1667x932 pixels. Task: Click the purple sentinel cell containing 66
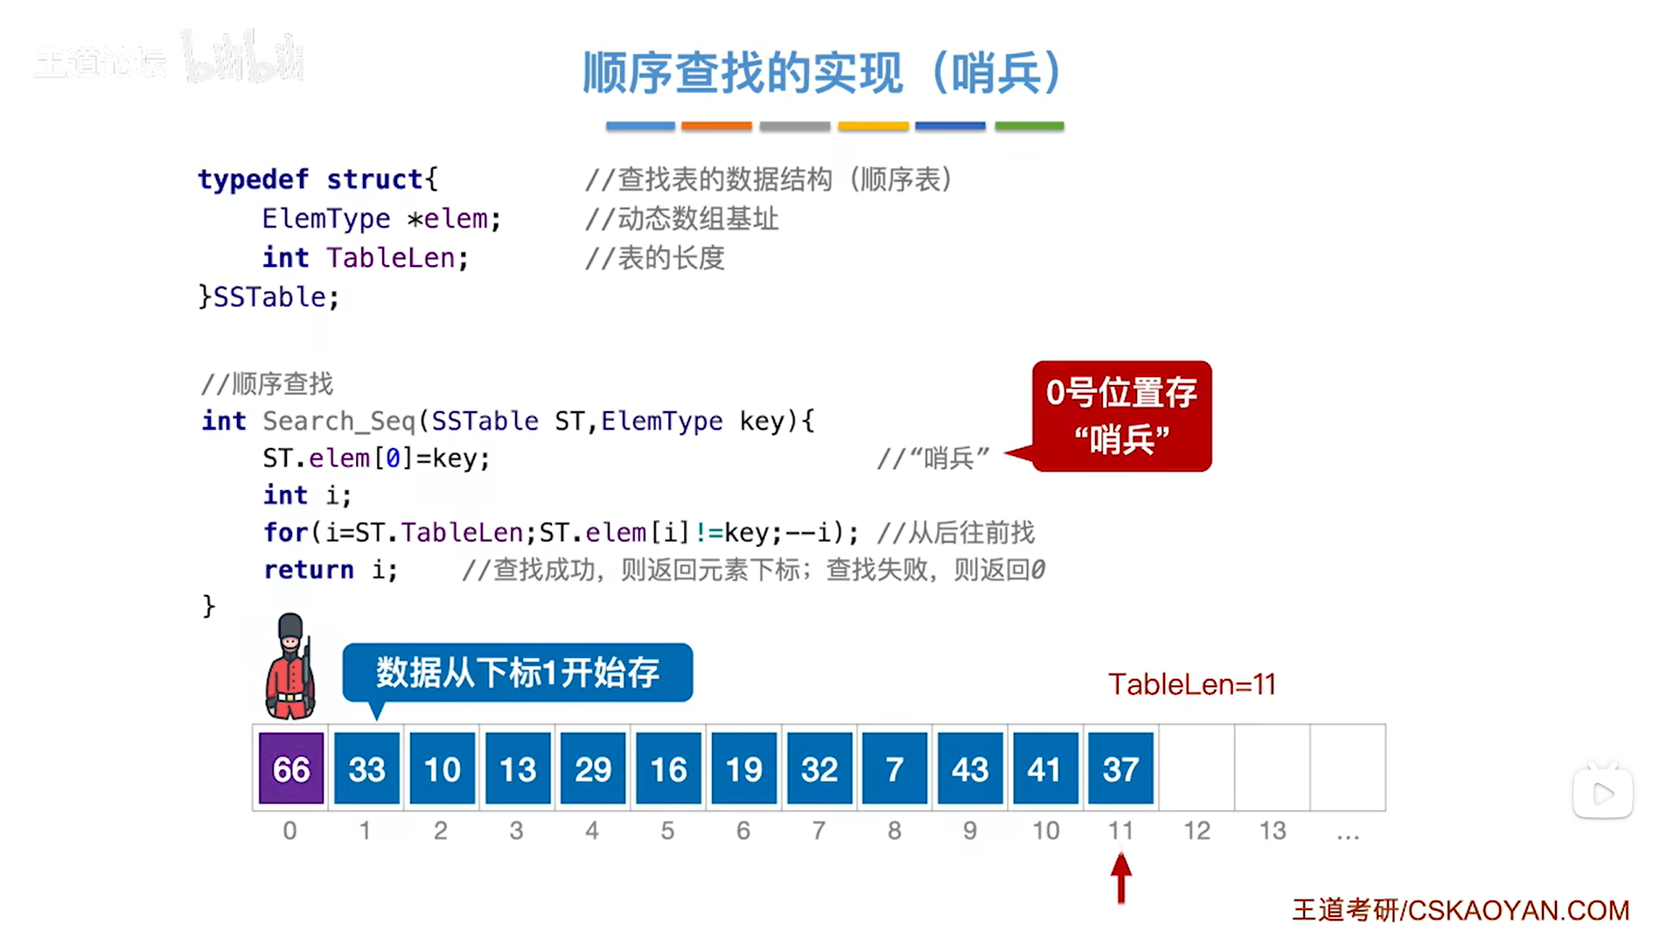[291, 768]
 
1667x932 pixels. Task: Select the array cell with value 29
[593, 768]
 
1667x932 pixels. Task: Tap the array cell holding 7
[894, 768]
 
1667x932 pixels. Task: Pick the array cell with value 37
[1120, 768]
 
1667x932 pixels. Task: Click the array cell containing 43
[970, 768]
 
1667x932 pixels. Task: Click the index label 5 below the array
[667, 830]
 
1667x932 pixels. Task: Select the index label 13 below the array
[1273, 830]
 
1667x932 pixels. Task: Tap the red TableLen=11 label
[1191, 684]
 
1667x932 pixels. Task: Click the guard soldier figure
[290, 667]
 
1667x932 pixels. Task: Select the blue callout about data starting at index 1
[518, 672]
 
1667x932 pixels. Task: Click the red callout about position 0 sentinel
[1121, 416]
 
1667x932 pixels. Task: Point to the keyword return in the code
[309, 570]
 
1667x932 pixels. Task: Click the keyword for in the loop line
[285, 532]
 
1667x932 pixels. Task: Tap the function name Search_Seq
[338, 421]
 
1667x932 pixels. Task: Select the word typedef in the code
[253, 179]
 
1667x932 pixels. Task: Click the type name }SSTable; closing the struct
[269, 298]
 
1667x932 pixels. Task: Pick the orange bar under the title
[716, 126]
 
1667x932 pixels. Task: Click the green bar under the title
[1029, 126]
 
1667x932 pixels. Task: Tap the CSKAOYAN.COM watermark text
[1461, 910]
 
